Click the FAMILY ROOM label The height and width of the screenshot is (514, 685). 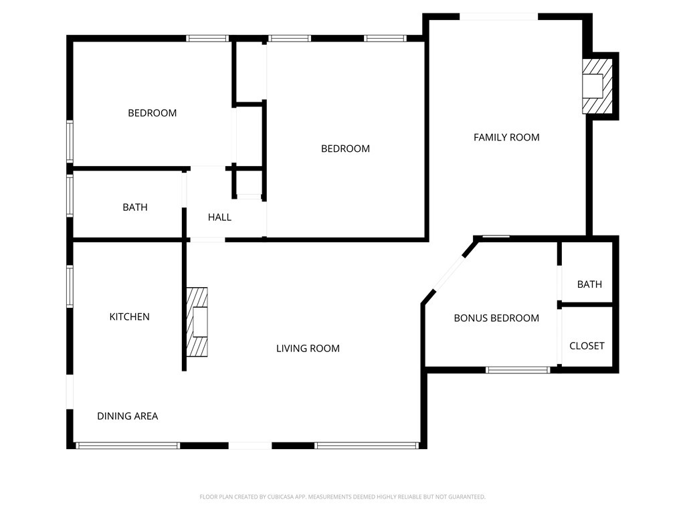(506, 137)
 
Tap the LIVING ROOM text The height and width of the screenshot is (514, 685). (308, 348)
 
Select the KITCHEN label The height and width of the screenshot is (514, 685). (129, 317)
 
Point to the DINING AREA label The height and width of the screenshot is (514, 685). (127, 416)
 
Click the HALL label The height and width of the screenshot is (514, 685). (219, 217)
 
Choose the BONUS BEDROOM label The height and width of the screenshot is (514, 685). (496, 318)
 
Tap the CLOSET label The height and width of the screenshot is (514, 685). (587, 345)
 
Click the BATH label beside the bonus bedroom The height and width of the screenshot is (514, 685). (589, 284)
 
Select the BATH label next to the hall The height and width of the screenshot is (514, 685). (134, 207)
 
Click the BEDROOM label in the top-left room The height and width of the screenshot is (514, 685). (152, 113)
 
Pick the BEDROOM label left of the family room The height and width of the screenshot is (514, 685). (345, 149)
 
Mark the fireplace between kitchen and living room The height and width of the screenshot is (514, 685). (197, 322)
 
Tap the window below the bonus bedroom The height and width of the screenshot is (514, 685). (518, 369)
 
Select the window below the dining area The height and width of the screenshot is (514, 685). (128, 445)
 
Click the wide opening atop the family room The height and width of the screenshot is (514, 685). (498, 17)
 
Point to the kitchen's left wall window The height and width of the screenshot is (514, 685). (70, 286)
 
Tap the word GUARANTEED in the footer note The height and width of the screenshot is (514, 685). (464, 497)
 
